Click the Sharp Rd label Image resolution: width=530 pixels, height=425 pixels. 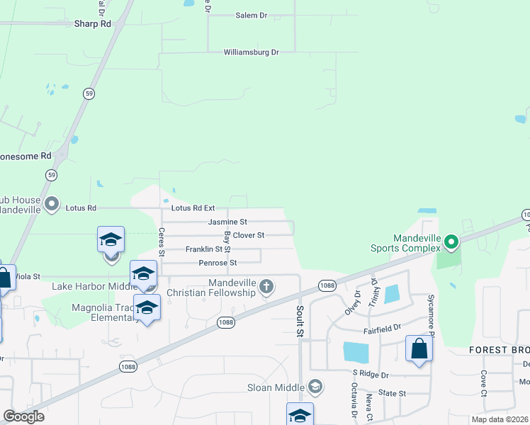click(x=93, y=23)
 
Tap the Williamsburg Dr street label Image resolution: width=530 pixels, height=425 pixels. click(x=252, y=52)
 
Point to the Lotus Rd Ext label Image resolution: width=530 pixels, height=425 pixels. click(x=193, y=208)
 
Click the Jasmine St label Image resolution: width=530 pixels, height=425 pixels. click(x=227, y=222)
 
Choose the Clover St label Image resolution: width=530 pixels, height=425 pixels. click(x=248, y=235)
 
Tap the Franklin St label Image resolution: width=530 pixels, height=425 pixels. click(x=204, y=249)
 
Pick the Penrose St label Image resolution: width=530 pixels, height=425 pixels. click(x=218, y=263)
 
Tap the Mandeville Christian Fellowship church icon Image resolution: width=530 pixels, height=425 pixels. click(x=266, y=287)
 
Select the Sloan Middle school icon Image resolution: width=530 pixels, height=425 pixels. click(x=315, y=387)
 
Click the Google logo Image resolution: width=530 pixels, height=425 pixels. click(x=23, y=416)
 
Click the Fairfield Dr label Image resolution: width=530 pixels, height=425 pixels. click(x=383, y=328)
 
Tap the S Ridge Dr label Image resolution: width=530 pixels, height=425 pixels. click(x=371, y=374)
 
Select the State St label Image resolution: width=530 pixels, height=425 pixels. click(x=392, y=393)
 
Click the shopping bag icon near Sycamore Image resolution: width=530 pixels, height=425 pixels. click(x=419, y=348)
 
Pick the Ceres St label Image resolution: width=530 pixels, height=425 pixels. click(x=162, y=242)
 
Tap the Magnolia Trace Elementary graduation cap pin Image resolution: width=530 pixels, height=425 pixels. click(x=147, y=307)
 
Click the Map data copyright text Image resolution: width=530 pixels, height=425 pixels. click(x=500, y=419)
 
